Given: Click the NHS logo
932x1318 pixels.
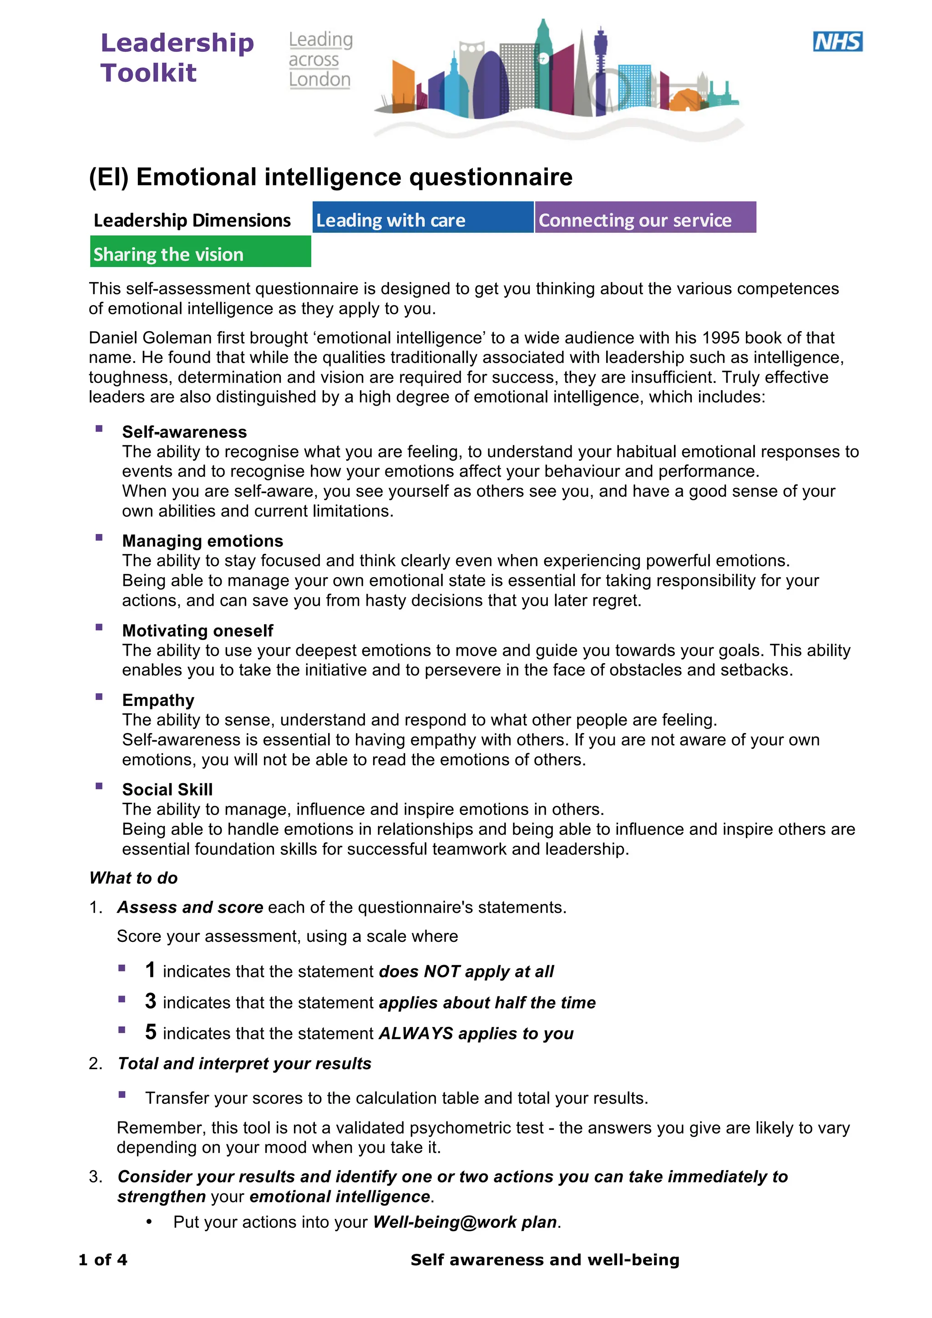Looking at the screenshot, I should [837, 42].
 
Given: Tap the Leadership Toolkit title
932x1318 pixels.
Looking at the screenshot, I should [177, 57].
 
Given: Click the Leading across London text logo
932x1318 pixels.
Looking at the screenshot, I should [320, 60].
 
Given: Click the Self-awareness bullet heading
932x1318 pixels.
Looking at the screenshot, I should [184, 432].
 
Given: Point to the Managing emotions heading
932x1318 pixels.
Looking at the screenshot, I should [202, 541].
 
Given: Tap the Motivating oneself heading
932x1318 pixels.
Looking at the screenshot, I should [198, 630].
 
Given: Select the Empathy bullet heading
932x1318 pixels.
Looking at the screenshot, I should [158, 700].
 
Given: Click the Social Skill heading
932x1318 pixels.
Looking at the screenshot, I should [167, 790].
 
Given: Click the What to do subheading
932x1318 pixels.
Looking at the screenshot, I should [133, 878].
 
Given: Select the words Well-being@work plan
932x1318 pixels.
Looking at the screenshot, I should [465, 1222].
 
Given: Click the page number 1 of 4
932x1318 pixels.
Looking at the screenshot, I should [103, 1259].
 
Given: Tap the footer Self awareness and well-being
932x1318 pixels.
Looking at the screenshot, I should [544, 1259].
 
